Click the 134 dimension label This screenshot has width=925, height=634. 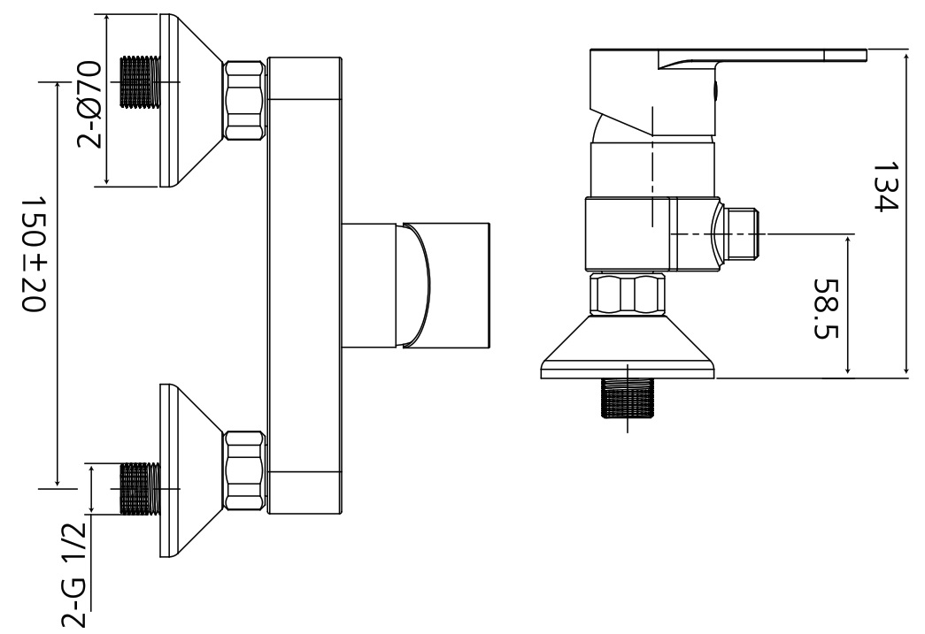(884, 187)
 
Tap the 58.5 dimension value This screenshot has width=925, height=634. (826, 309)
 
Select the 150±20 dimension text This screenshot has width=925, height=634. (33, 254)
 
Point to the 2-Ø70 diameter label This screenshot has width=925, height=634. (89, 103)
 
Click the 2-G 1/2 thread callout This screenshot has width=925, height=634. (74, 575)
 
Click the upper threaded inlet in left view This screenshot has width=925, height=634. (140, 82)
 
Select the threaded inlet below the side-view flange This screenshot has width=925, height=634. (627, 398)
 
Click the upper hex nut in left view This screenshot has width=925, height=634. (244, 100)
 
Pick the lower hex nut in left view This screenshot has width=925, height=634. (244, 470)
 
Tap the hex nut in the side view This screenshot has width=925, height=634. (628, 293)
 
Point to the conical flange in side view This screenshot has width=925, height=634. (628, 347)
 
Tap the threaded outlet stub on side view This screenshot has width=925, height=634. (740, 234)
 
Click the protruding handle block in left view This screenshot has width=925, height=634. (416, 286)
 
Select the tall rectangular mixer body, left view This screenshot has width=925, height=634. (304, 286)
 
